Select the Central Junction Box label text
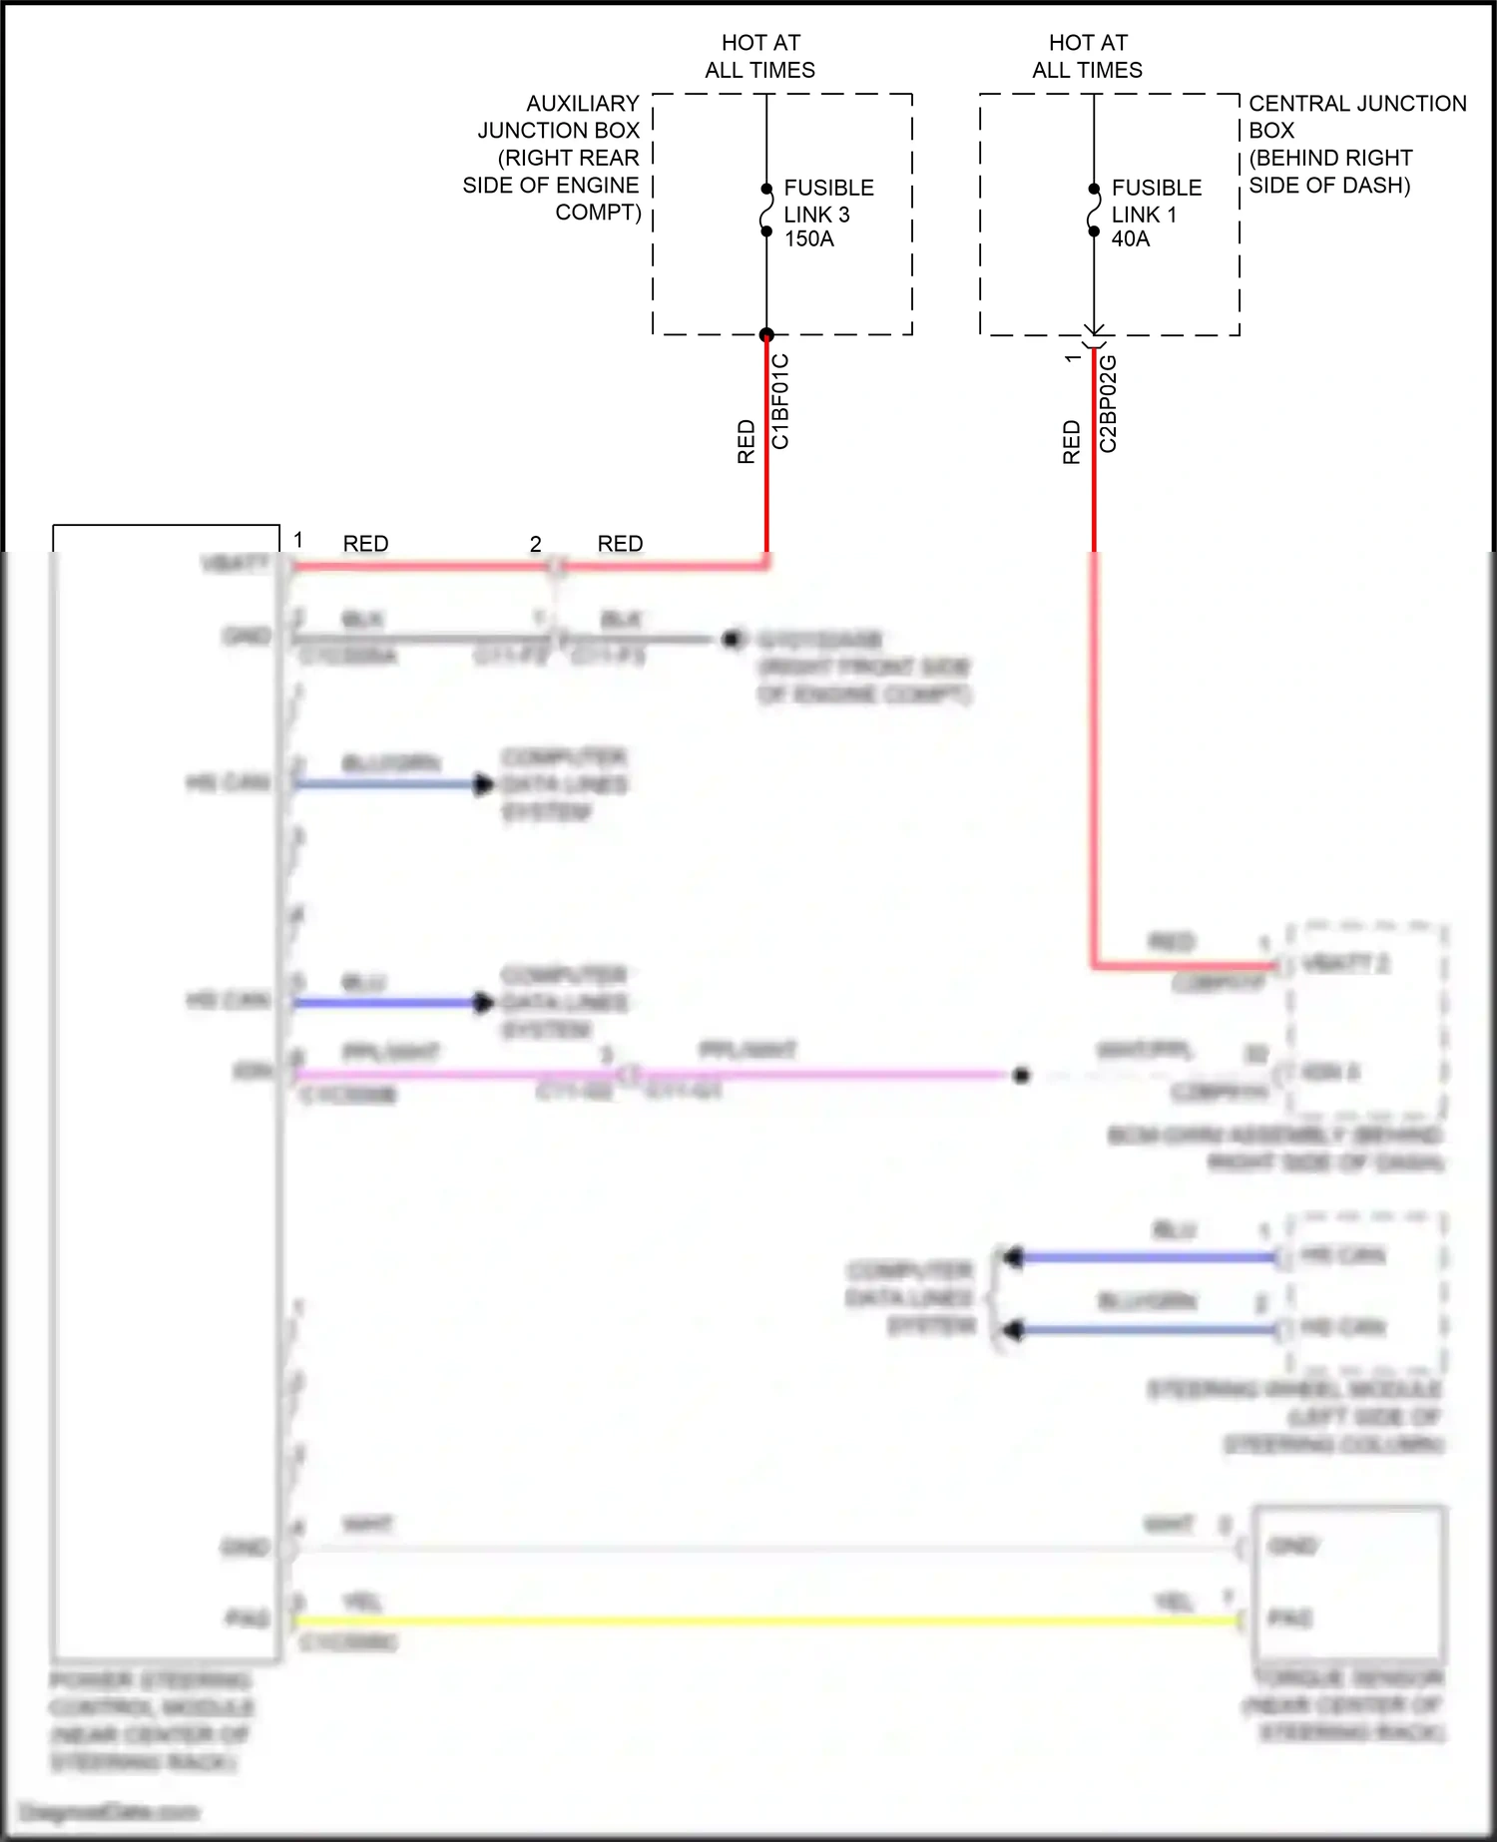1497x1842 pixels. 1355,144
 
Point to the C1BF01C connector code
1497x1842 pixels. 780,401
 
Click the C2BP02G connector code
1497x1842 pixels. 1108,404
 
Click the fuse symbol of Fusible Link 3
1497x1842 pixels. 766,211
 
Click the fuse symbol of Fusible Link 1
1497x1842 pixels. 1094,211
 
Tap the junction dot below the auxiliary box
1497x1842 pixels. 766,334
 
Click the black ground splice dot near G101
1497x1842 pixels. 732,639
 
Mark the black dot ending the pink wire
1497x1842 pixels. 1021,1076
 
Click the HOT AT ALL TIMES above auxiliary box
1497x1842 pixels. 760,56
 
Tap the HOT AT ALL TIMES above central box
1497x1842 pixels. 1088,56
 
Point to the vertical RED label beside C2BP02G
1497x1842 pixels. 1072,442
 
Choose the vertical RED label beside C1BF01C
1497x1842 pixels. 746,442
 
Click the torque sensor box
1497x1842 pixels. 1348,1583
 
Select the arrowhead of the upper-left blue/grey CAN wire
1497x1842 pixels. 484,784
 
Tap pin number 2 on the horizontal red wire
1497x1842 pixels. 535,544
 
